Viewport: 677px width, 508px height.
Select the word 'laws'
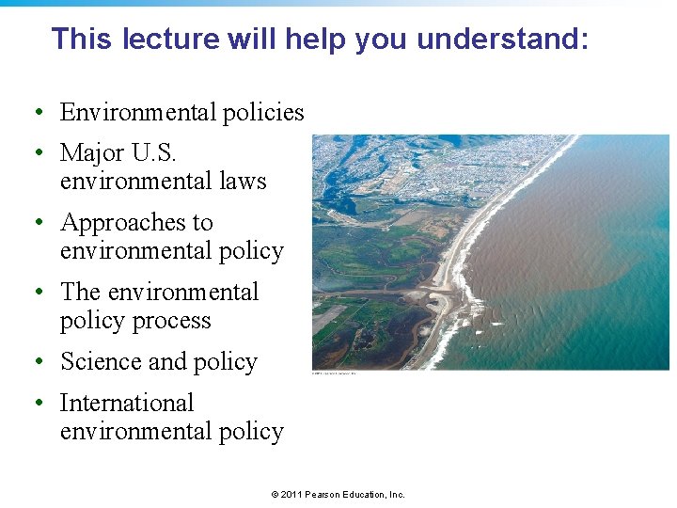click(243, 181)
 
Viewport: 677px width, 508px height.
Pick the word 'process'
click(173, 321)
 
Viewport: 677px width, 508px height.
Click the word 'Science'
click(101, 362)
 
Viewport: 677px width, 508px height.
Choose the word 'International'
click(127, 404)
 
